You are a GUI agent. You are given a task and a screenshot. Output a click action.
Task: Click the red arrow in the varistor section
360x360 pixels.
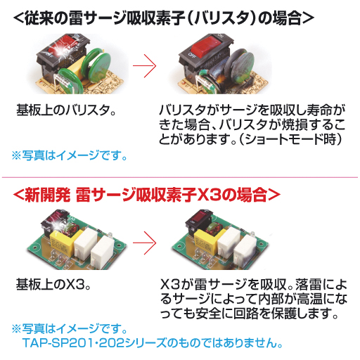pyautogui.click(x=144, y=66)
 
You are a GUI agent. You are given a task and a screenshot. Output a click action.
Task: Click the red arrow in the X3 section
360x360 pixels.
pyautogui.click(x=144, y=243)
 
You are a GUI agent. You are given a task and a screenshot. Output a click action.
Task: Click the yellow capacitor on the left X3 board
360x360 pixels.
pyautogui.click(x=62, y=240)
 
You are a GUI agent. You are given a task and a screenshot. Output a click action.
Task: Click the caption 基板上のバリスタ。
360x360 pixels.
pyautogui.click(x=66, y=110)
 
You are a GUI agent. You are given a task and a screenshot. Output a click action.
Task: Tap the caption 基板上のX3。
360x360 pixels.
pyautogui.click(x=53, y=285)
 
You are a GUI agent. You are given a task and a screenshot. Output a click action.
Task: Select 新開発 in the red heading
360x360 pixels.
pyautogui.click(x=48, y=194)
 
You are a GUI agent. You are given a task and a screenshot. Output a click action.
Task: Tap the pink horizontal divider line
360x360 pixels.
pyautogui.click(x=180, y=177)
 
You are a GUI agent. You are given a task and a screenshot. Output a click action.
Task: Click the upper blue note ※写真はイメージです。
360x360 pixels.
pyautogui.click(x=70, y=155)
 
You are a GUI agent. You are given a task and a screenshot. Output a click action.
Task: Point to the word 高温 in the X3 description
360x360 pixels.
pyautogui.click(x=310, y=299)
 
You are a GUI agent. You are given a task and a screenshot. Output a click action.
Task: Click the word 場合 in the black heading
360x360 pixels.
pyautogui.click(x=287, y=18)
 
